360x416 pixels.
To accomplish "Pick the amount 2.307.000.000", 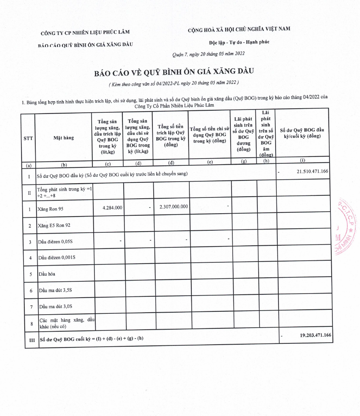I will coord(174,207).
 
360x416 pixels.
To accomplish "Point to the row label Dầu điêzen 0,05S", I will coord(56,242).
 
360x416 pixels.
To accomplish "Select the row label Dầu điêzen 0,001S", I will coord(57,258).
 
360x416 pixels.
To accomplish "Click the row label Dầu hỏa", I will coord(47,274).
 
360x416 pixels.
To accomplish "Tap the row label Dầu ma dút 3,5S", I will coord(55,291).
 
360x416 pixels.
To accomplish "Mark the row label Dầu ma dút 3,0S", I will coord(55,307).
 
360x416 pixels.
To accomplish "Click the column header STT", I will coord(28,138).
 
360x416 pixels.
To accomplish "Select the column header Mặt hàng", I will coord(64,138).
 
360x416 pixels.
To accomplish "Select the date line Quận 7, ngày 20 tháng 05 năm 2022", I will coord(208,54).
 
